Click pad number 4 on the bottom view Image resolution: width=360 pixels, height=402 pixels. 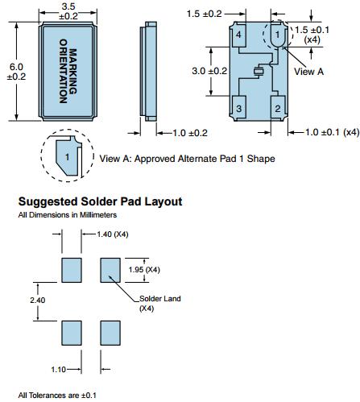tap(238, 35)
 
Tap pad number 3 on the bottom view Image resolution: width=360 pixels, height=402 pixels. tap(238, 108)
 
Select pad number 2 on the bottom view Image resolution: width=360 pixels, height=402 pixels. tap(278, 108)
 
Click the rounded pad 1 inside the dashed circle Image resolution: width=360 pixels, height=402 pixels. tap(277, 35)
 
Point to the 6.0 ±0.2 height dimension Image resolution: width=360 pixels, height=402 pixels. tap(16, 72)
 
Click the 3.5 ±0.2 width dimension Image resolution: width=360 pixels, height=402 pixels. tap(68, 11)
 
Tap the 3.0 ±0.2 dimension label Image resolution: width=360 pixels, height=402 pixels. tap(209, 71)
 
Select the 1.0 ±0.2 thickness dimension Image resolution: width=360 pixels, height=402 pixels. tap(190, 133)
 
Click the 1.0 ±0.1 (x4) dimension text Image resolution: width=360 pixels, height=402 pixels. tap(333, 132)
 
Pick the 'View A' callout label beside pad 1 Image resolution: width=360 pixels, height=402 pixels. tap(308, 72)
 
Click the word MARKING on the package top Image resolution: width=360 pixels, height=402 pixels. tap(73, 71)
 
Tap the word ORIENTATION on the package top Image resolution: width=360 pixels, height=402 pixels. tap(63, 71)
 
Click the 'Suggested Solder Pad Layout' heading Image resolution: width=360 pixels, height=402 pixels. tap(100, 201)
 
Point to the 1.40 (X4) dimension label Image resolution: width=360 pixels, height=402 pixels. tap(113, 234)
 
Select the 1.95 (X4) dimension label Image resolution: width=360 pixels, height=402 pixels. tap(144, 270)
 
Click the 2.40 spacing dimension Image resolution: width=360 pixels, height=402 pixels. tap(38, 300)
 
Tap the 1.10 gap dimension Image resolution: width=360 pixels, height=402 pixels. tap(58, 370)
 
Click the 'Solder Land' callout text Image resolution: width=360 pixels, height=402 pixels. tap(160, 299)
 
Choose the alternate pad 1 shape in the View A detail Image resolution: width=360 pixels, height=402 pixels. tap(67, 157)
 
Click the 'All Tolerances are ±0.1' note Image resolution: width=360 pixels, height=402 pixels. tap(57, 396)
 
